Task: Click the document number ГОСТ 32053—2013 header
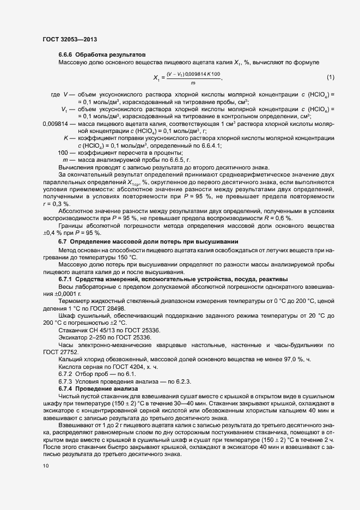(x=70, y=39)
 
